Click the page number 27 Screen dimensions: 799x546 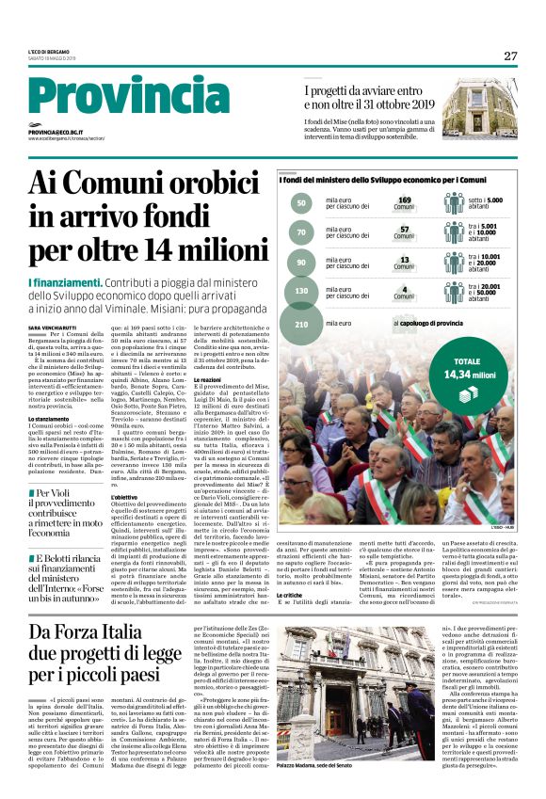(x=510, y=56)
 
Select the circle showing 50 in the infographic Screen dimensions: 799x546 (x=301, y=202)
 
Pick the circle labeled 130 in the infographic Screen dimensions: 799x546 (x=302, y=292)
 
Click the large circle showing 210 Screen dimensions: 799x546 (x=302, y=325)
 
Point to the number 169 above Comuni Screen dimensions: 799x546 (x=405, y=200)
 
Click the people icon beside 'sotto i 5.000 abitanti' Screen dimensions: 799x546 (x=455, y=202)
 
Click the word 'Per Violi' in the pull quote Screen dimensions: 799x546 (x=55, y=492)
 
